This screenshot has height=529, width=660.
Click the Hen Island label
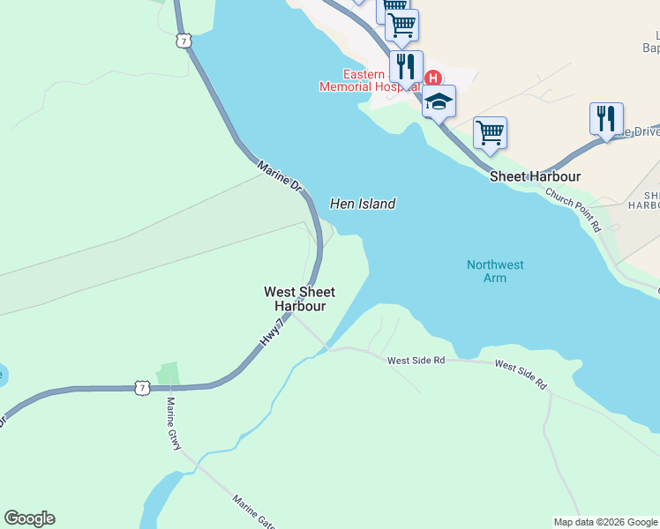(362, 204)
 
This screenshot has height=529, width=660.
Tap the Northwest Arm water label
(495, 271)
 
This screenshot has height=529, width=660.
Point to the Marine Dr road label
(281, 176)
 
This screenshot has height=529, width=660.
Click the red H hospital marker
(432, 78)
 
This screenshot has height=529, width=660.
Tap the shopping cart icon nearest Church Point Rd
(490, 132)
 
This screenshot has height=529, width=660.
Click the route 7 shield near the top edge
(183, 41)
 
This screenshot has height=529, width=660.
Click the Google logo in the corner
(29, 518)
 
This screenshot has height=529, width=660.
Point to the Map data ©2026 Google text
(605, 522)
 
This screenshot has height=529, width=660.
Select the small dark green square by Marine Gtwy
(167, 374)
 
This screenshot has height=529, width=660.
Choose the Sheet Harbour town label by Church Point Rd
(536, 176)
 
